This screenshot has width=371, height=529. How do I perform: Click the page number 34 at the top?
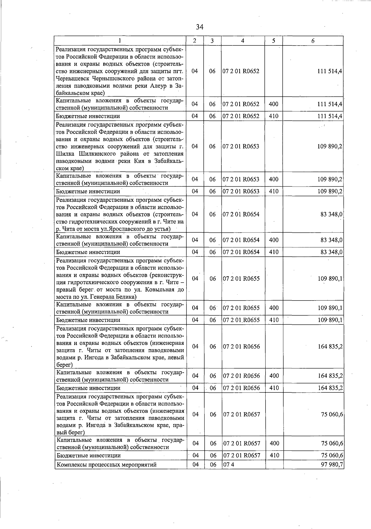click(199, 27)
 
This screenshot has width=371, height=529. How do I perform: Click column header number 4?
click(243, 41)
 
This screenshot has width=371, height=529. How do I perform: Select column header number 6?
click(313, 41)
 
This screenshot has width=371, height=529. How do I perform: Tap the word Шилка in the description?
click(65, 154)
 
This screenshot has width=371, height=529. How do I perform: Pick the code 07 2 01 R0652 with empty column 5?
click(241, 71)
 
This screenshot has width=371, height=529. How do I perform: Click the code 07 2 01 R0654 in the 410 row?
click(241, 252)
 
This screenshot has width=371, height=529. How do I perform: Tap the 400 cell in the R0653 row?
click(274, 179)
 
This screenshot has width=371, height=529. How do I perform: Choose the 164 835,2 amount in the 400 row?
click(330, 376)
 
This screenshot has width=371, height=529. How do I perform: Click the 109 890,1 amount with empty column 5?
click(330, 279)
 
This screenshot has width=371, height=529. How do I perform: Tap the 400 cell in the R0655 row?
click(274, 308)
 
